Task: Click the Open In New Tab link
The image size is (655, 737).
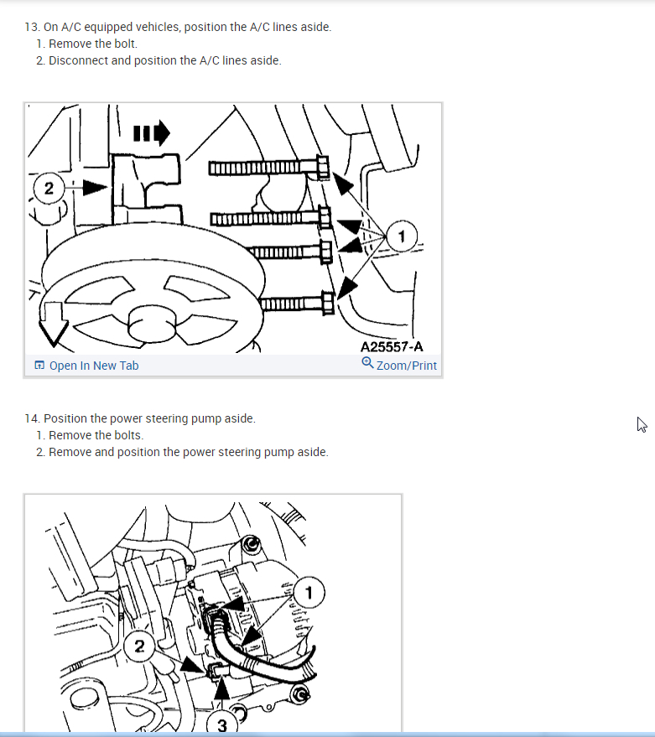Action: [x=86, y=366]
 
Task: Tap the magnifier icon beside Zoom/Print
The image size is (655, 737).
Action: [x=367, y=363]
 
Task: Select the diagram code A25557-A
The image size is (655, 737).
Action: [x=392, y=347]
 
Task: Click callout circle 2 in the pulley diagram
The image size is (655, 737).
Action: [x=49, y=188]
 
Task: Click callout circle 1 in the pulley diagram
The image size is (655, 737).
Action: [x=401, y=236]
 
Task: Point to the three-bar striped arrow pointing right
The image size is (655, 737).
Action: [x=152, y=133]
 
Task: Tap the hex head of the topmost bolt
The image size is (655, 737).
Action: [x=323, y=168]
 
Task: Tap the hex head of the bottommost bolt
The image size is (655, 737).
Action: [x=328, y=304]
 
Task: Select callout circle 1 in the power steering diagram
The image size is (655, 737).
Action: [x=309, y=593]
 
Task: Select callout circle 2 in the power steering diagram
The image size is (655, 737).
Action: [x=139, y=646]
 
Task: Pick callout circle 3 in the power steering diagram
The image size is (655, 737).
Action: [x=222, y=724]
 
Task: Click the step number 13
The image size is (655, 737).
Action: [x=33, y=28]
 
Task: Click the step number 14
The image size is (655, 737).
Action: [x=33, y=418]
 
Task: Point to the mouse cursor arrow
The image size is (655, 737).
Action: [x=642, y=424]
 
